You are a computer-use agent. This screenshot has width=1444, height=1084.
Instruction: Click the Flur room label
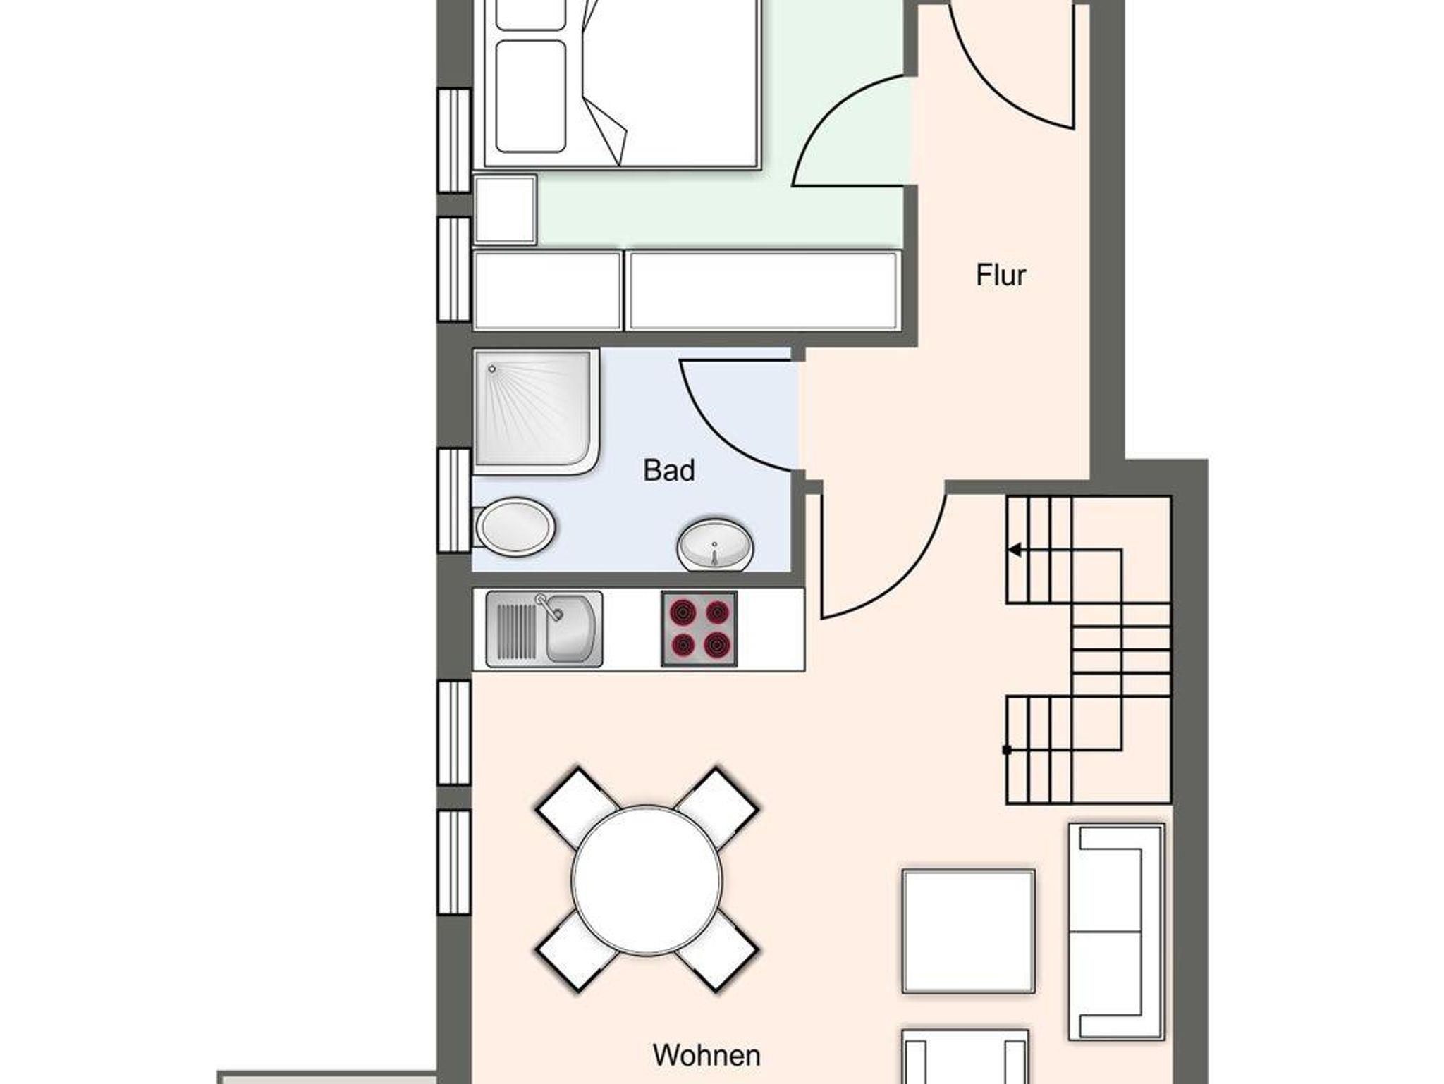[1001, 275]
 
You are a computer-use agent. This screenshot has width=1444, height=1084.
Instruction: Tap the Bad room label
[668, 470]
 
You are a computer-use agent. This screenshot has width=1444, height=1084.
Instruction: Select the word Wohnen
[706, 1055]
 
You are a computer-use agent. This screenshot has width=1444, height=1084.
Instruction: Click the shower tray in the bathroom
[537, 412]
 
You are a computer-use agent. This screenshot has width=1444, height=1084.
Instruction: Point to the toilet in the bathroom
[514, 526]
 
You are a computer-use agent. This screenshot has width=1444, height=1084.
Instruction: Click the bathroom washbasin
[715, 546]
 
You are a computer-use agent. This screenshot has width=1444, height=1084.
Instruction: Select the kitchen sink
[544, 629]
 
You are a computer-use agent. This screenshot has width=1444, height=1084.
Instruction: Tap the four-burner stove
[699, 629]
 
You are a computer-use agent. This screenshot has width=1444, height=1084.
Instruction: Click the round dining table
[647, 881]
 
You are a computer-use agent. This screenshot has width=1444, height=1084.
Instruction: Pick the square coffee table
[969, 932]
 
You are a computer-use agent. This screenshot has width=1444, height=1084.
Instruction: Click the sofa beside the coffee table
[1116, 932]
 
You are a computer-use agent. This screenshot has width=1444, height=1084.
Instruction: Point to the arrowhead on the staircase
[1015, 550]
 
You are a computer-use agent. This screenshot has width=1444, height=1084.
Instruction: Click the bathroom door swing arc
[712, 437]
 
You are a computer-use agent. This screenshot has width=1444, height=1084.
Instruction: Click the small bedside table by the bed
[505, 209]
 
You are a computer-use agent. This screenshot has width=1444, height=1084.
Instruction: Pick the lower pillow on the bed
[531, 97]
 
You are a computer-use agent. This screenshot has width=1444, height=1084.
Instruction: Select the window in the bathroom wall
[454, 500]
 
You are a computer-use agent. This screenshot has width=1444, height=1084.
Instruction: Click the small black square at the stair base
[1007, 750]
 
